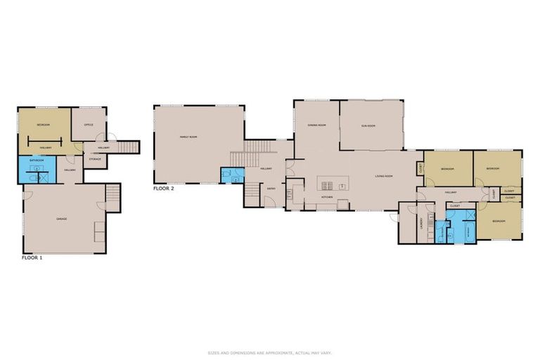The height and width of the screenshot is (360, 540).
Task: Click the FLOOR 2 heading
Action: click(164, 188)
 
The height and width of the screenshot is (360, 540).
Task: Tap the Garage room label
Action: click(62, 219)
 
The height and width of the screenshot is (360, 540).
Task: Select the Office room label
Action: click(89, 124)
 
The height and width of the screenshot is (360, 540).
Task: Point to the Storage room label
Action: click(95, 159)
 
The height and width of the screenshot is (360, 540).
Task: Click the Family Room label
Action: click(188, 137)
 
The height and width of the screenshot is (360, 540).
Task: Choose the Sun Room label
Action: click(369, 126)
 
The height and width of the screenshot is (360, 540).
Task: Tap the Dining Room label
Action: click(316, 125)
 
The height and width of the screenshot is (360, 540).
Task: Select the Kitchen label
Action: click(327, 198)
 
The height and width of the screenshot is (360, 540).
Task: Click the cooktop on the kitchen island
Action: click(328, 186)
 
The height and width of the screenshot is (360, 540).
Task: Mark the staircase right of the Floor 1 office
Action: click(127, 147)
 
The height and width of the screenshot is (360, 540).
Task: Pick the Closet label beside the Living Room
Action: click(420, 168)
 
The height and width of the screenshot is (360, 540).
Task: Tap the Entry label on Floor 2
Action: click(270, 188)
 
